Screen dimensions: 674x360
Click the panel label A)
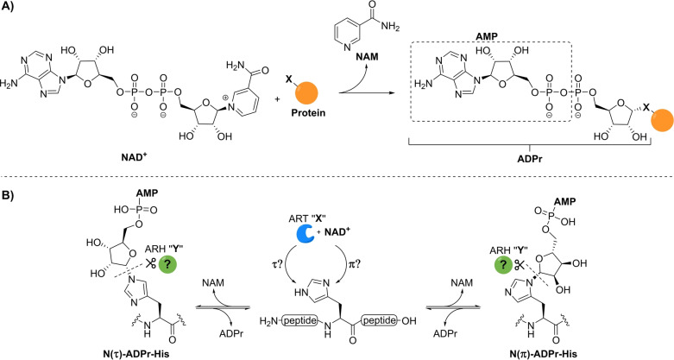coord(8,9)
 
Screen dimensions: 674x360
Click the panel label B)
coord(8,195)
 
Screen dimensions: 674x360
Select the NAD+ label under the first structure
coord(135,156)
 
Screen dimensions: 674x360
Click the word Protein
coord(309,113)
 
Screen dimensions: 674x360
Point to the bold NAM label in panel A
coord(367,56)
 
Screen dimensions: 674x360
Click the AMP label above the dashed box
coord(486,36)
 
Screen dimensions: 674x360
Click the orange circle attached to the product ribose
coord(663,121)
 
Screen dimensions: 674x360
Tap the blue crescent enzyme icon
coord(306,233)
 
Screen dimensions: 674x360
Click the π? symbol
coord(353,263)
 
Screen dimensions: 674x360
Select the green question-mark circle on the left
coord(168,263)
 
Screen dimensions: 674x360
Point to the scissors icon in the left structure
coord(150,263)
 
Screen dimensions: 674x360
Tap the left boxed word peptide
coord(300,320)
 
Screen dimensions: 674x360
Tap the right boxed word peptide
coord(379,320)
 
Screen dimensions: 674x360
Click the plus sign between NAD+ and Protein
coord(278,98)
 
